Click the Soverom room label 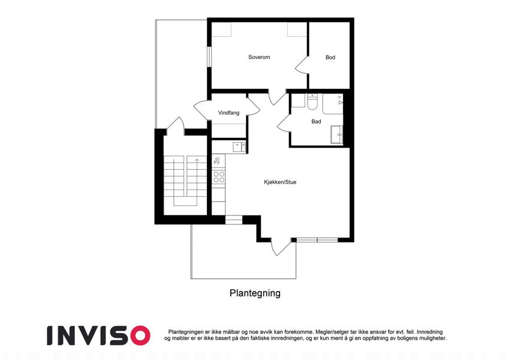point(259,57)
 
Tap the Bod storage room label point(330,58)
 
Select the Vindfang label point(228,113)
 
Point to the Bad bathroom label point(316,122)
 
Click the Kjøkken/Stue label point(280,182)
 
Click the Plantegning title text point(255,293)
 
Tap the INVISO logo point(98,335)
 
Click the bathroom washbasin point(336,134)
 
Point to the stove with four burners point(219,177)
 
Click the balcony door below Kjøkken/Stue point(281,247)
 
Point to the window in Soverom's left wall point(209,57)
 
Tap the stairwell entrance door point(175,125)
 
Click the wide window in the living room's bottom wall point(317,240)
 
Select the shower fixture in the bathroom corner point(340,100)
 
